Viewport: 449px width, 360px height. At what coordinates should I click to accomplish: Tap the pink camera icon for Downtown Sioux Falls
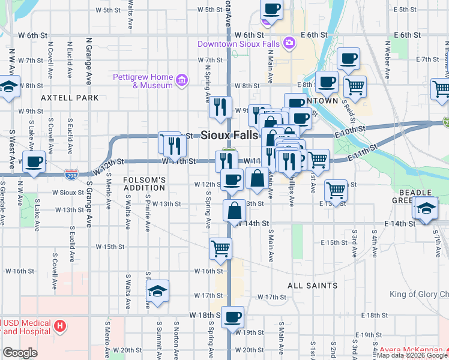click(289, 43)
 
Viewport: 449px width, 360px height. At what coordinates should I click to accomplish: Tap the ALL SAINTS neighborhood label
click(312, 286)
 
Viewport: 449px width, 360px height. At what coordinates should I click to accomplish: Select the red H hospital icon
click(59, 326)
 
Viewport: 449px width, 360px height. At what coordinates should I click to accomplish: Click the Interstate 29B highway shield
click(71, 174)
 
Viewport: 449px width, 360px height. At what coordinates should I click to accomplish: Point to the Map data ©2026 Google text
click(412, 355)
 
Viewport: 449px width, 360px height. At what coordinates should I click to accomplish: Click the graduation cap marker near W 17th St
click(158, 291)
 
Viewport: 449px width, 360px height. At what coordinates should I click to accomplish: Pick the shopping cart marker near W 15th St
click(221, 247)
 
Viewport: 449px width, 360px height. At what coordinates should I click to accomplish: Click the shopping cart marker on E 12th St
click(336, 190)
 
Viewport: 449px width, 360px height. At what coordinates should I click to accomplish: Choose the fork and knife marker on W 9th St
click(221, 107)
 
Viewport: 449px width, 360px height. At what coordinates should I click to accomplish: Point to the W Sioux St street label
click(68, 193)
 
